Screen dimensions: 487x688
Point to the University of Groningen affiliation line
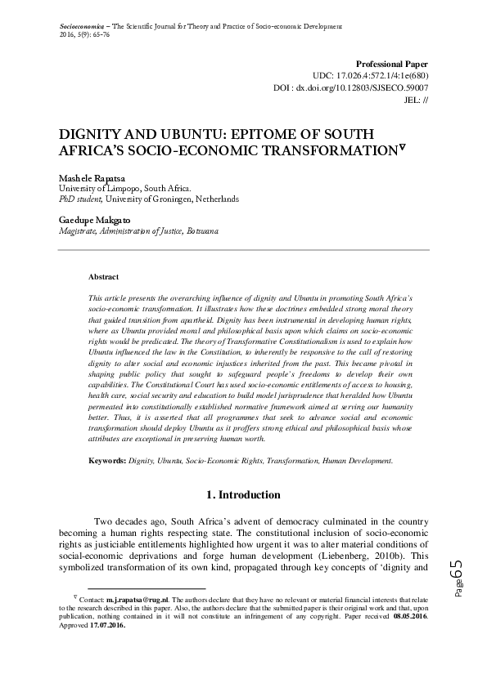point(149,199)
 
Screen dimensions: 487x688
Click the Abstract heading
point(103,277)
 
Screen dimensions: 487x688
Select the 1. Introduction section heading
point(243,494)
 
